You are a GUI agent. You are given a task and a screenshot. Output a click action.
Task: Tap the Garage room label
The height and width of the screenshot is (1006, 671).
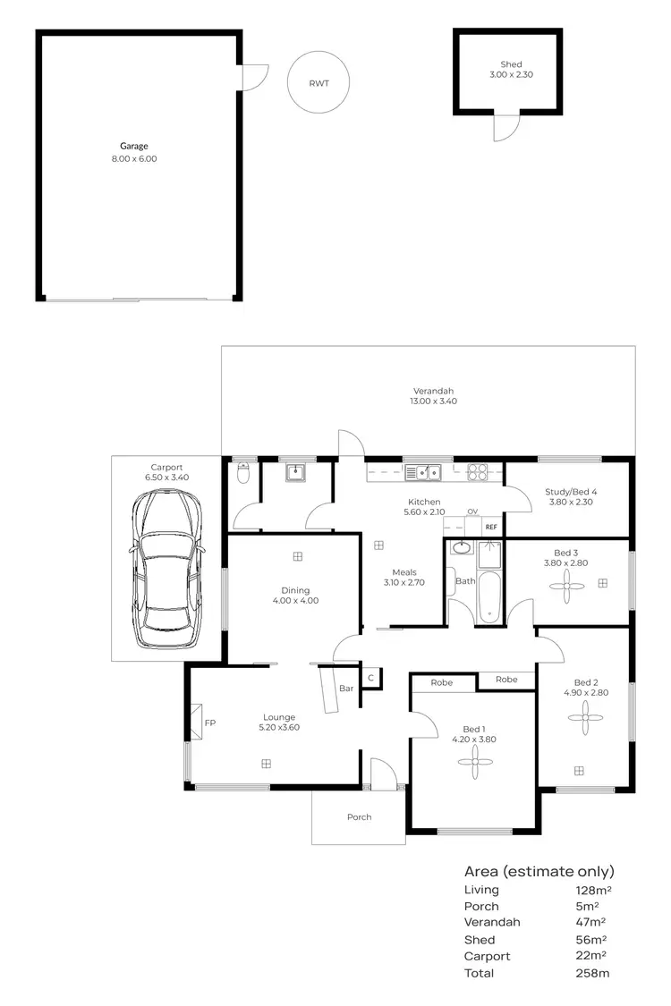tap(134, 146)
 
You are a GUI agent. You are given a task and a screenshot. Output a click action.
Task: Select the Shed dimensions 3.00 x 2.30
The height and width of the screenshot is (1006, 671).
tap(512, 75)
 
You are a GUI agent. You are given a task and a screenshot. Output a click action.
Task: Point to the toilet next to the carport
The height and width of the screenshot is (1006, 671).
tap(241, 474)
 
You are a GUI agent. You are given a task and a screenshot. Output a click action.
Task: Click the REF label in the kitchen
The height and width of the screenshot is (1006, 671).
tap(490, 528)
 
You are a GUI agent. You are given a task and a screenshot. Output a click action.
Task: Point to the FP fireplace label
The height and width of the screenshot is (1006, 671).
tap(209, 723)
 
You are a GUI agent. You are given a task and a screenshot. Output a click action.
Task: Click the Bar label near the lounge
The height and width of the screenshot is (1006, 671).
tap(345, 688)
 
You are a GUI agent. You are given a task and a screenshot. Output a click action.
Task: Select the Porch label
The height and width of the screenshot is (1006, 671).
tap(359, 817)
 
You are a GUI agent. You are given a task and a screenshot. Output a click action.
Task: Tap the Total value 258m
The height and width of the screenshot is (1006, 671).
tap(591, 973)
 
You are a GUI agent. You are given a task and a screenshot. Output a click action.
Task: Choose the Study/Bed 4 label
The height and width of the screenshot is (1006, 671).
tap(571, 491)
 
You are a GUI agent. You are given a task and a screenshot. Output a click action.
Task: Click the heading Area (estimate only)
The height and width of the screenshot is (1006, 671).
tap(539, 872)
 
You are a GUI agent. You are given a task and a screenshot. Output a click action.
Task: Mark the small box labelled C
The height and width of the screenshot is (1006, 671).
tap(370, 678)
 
